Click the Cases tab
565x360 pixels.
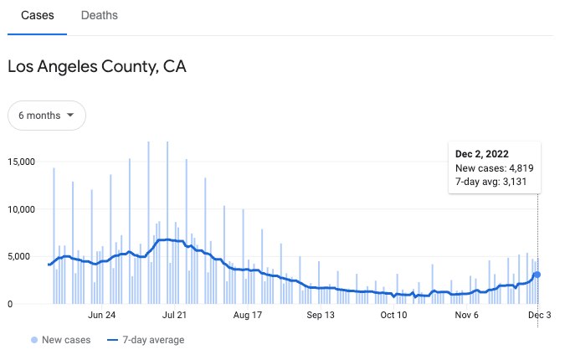tap(37, 15)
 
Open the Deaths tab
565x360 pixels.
tap(100, 15)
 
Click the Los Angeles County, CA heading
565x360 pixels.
tap(96, 66)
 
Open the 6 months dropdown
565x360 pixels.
tap(47, 115)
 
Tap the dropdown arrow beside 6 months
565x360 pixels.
tap(70, 115)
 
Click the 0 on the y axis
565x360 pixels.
tap(12, 305)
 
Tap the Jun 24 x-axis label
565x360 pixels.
tap(101, 316)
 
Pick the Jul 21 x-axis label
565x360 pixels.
tap(175, 316)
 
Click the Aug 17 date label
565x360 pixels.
tap(248, 316)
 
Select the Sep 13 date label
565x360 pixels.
tap(321, 316)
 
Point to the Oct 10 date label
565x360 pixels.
tap(394, 316)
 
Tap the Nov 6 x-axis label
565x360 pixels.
tap(467, 316)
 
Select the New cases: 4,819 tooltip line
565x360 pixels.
tap(494, 168)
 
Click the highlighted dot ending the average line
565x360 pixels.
tap(537, 275)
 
